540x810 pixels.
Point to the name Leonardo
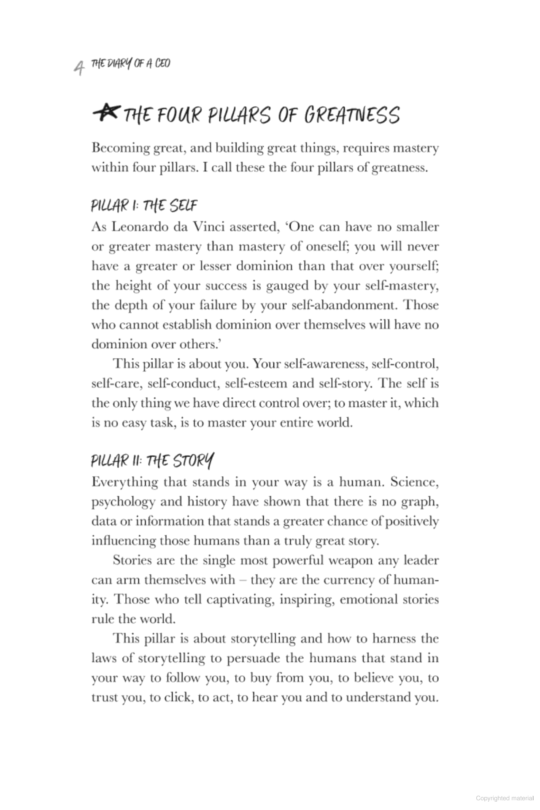click(139, 227)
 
